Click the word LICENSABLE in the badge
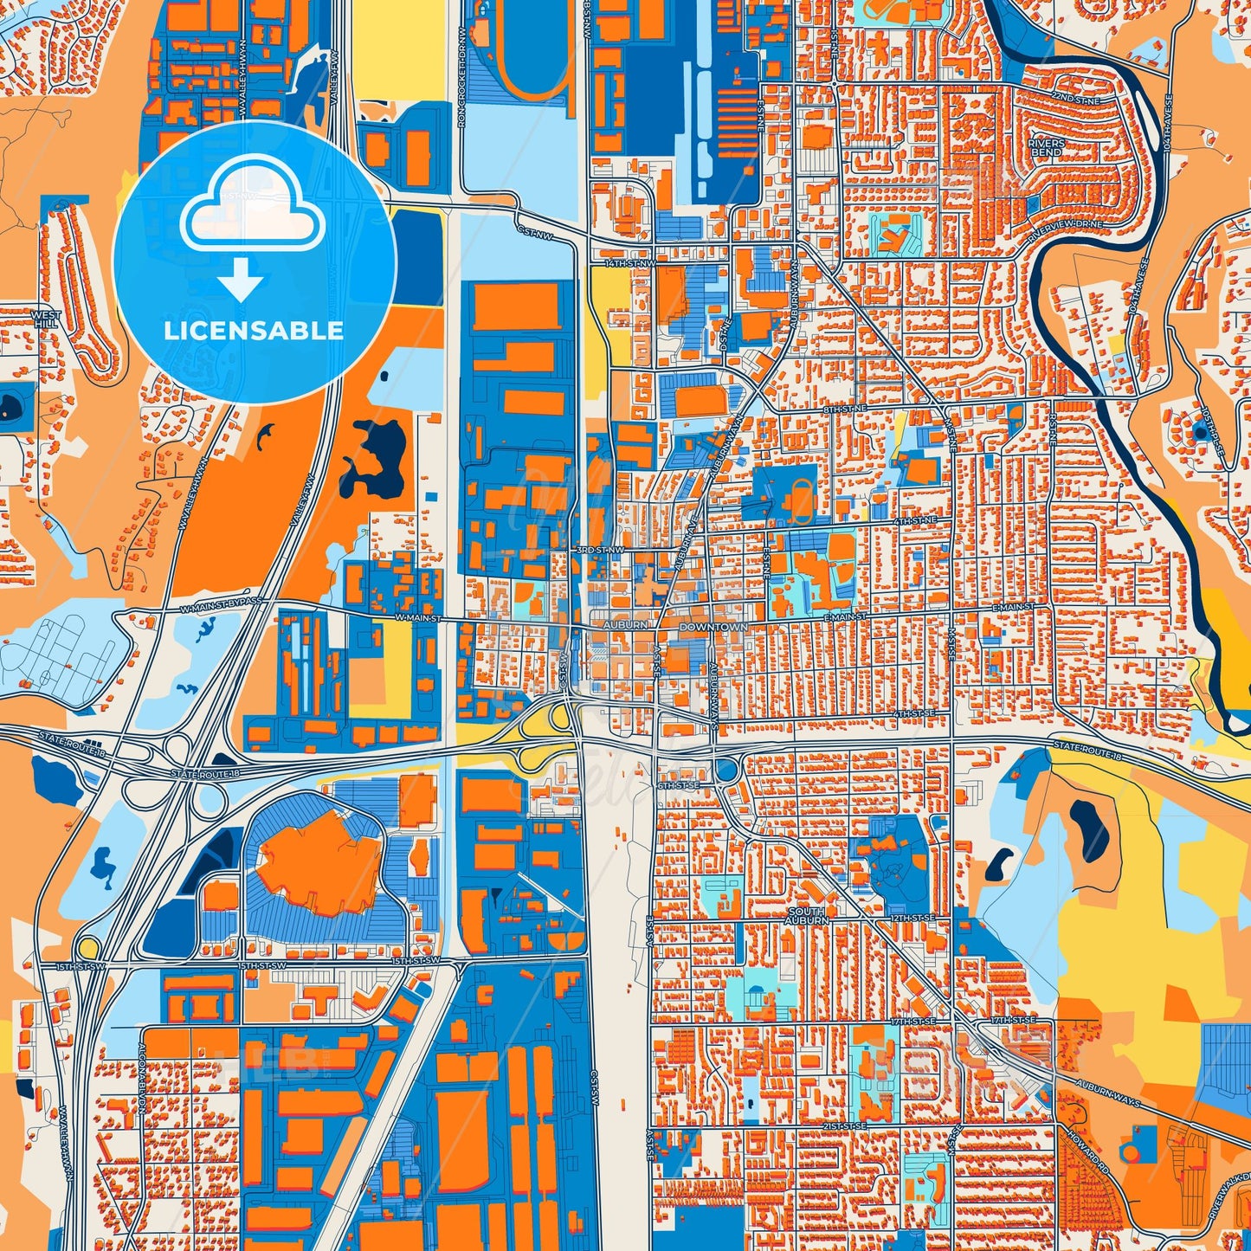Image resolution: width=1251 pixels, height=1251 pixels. (254, 330)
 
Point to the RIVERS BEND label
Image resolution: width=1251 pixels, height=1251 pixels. (1045, 147)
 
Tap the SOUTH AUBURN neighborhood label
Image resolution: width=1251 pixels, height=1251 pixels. (806, 916)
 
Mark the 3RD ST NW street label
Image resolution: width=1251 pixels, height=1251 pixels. (599, 550)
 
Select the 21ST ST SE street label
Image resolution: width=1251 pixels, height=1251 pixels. (843, 1125)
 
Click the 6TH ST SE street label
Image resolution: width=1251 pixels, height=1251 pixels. (679, 785)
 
